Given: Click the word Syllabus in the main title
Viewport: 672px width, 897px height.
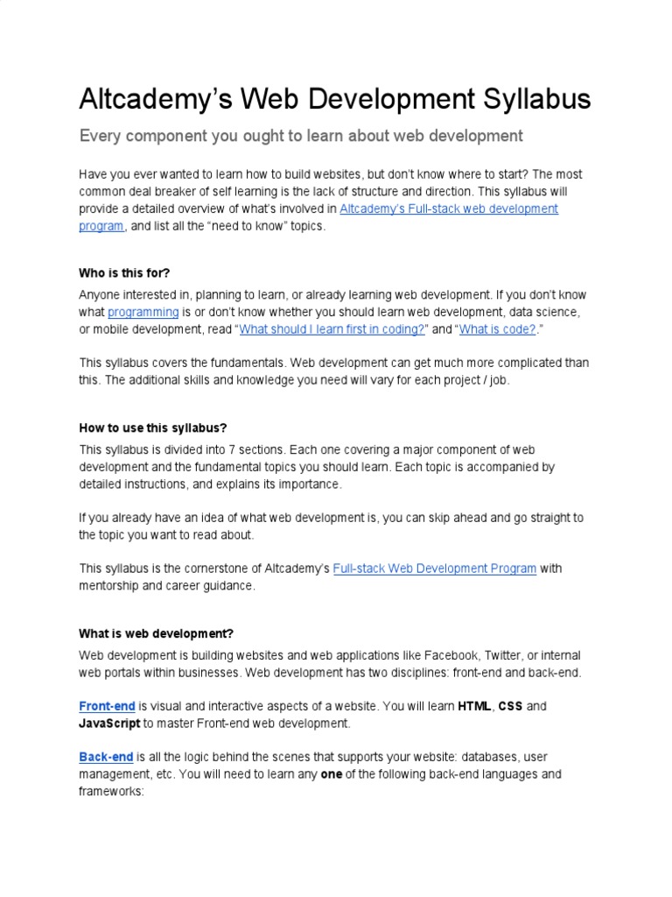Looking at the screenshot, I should (x=534, y=99).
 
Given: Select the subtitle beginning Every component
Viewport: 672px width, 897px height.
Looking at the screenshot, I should (x=301, y=136).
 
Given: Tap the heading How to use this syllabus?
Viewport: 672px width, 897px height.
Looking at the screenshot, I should (x=153, y=427).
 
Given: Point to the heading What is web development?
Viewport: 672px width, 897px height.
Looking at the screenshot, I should (x=157, y=633).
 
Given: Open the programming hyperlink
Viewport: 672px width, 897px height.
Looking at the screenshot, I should (x=143, y=312).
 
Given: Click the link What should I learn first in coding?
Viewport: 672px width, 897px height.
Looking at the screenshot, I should (x=332, y=328).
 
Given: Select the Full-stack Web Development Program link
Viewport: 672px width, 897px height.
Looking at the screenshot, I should (x=435, y=569).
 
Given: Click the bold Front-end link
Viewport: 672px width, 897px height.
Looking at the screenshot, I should (x=107, y=706).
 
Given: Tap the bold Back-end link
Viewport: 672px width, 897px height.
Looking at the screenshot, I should (x=106, y=757).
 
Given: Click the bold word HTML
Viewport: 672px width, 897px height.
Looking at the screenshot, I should (x=474, y=706).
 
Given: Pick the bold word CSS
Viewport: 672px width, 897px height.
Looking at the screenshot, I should (x=510, y=706).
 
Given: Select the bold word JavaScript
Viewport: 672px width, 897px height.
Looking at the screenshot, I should (x=109, y=724).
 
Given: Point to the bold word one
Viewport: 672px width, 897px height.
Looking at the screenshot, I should (x=332, y=774).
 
